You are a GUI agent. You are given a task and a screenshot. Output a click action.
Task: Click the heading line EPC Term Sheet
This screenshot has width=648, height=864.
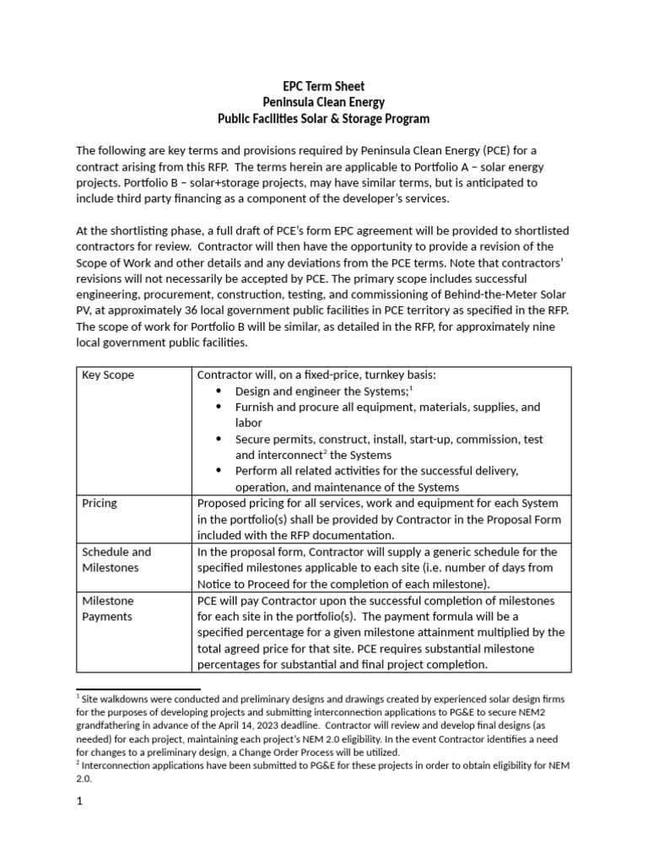click(x=323, y=86)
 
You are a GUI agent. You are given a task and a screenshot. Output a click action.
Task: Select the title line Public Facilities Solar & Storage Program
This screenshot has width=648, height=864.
click(x=323, y=119)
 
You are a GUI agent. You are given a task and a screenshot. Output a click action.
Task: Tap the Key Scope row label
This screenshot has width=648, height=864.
click(x=108, y=375)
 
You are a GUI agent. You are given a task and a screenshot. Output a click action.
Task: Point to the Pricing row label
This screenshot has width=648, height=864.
click(x=100, y=503)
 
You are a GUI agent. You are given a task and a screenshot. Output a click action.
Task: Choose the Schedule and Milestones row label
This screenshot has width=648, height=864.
click(x=116, y=559)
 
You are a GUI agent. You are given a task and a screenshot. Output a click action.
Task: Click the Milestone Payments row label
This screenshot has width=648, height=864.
click(x=107, y=608)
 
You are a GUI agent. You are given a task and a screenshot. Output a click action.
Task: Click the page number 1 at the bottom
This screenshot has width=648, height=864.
click(x=79, y=802)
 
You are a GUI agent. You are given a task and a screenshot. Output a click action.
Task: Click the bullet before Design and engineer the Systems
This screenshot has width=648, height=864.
click(x=219, y=391)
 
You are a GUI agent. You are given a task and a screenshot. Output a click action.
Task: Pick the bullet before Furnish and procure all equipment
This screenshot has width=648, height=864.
click(x=219, y=408)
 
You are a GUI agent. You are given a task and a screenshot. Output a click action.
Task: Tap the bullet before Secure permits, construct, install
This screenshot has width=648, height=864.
click(x=219, y=440)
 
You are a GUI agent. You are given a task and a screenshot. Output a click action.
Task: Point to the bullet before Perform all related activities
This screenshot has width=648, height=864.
click(x=219, y=472)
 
